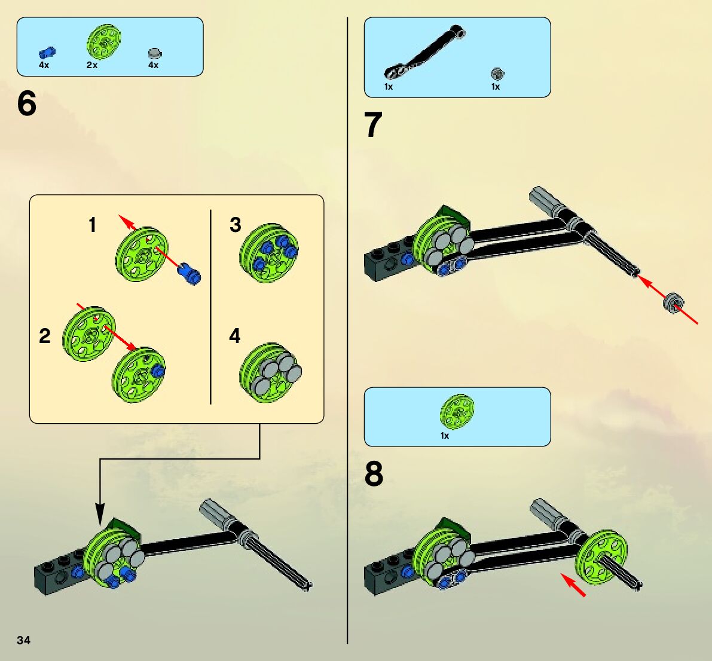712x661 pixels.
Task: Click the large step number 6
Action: [x=27, y=104]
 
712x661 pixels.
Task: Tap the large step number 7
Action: [x=373, y=126]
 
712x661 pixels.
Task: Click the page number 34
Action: [x=23, y=641]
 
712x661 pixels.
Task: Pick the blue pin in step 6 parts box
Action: [x=45, y=53]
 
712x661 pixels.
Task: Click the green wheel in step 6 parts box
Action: [x=103, y=42]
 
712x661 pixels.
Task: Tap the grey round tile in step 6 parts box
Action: [x=154, y=53]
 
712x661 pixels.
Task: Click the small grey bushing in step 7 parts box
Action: [x=496, y=74]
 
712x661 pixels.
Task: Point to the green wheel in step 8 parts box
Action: [x=457, y=412]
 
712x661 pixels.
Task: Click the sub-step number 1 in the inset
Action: [x=92, y=225]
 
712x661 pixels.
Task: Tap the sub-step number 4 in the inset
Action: [x=235, y=336]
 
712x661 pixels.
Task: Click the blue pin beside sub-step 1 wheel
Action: [x=189, y=273]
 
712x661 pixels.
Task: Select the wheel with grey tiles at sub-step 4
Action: [x=271, y=373]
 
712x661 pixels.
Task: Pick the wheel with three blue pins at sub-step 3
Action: [x=269, y=253]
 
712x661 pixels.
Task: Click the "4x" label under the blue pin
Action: [x=44, y=65]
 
